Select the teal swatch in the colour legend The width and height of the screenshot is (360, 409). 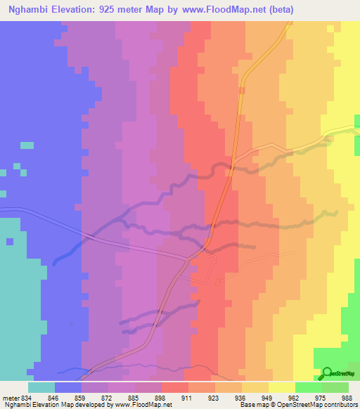pos(41,387)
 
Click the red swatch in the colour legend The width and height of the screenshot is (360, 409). pos(175,387)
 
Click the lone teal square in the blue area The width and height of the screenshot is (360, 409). pos(27,145)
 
